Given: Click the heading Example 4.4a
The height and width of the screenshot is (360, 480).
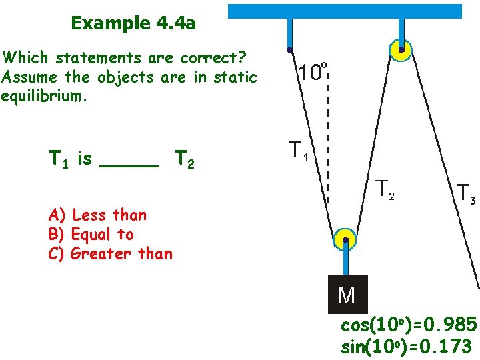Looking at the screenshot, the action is [133, 24].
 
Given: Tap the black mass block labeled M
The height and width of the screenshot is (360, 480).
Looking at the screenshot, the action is [347, 293].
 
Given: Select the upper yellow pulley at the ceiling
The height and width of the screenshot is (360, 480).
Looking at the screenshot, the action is [401, 49].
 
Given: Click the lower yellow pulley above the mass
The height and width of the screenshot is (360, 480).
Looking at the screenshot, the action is [345, 240].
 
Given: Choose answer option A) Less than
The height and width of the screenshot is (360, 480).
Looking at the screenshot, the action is [97, 215].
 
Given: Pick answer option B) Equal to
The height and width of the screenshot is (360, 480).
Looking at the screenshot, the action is [91, 234].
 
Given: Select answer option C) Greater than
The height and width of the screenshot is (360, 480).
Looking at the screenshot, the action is [111, 253].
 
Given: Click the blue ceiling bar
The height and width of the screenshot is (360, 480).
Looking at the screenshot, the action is [345, 11].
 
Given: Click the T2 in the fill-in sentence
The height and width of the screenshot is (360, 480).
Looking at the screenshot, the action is [185, 160].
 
